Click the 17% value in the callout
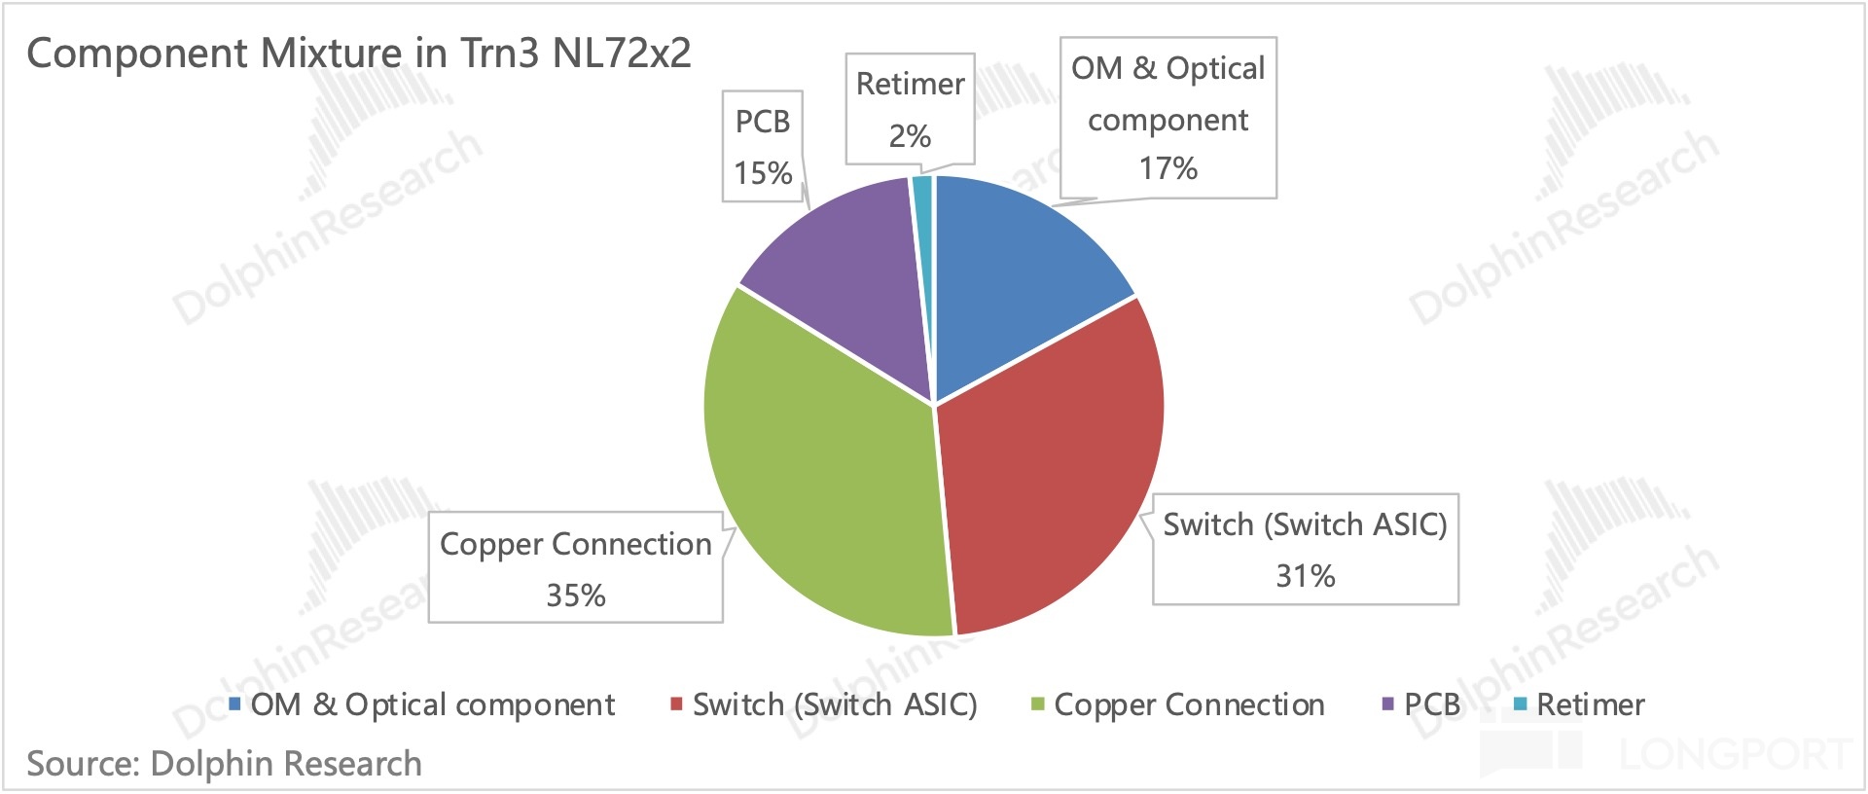(x=1167, y=168)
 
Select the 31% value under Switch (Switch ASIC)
(x=1305, y=576)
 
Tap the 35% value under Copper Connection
(x=575, y=595)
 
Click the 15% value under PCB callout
(x=763, y=173)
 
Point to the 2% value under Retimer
(x=910, y=135)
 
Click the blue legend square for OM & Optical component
(x=234, y=704)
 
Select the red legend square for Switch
(x=676, y=704)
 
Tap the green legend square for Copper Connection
(x=1037, y=704)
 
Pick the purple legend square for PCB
(x=1387, y=704)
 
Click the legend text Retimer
(x=1591, y=704)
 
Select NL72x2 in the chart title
(x=622, y=53)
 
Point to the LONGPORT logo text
(x=1735, y=754)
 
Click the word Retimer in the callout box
(x=910, y=84)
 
